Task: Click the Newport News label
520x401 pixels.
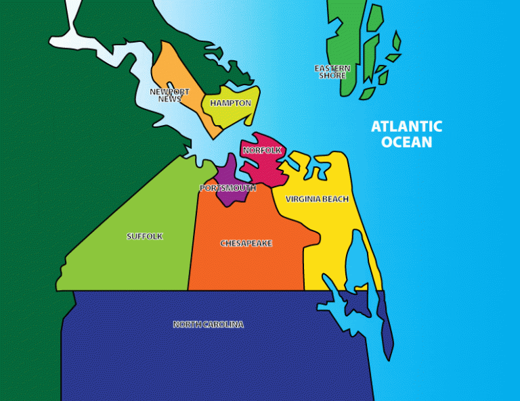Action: (x=169, y=95)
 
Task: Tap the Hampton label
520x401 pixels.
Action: (x=230, y=103)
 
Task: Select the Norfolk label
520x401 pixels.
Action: (x=262, y=150)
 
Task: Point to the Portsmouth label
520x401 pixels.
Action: (x=228, y=188)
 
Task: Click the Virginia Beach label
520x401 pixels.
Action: (x=317, y=199)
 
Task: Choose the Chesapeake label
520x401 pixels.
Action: (x=246, y=243)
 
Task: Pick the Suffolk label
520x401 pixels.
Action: (x=145, y=236)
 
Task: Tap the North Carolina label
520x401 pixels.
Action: (x=208, y=325)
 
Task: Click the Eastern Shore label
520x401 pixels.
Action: (x=332, y=72)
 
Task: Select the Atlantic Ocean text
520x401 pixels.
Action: (x=406, y=134)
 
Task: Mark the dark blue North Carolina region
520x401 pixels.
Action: (x=203, y=358)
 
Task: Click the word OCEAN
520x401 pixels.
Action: (x=406, y=142)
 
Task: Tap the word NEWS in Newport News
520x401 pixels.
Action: (x=169, y=99)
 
